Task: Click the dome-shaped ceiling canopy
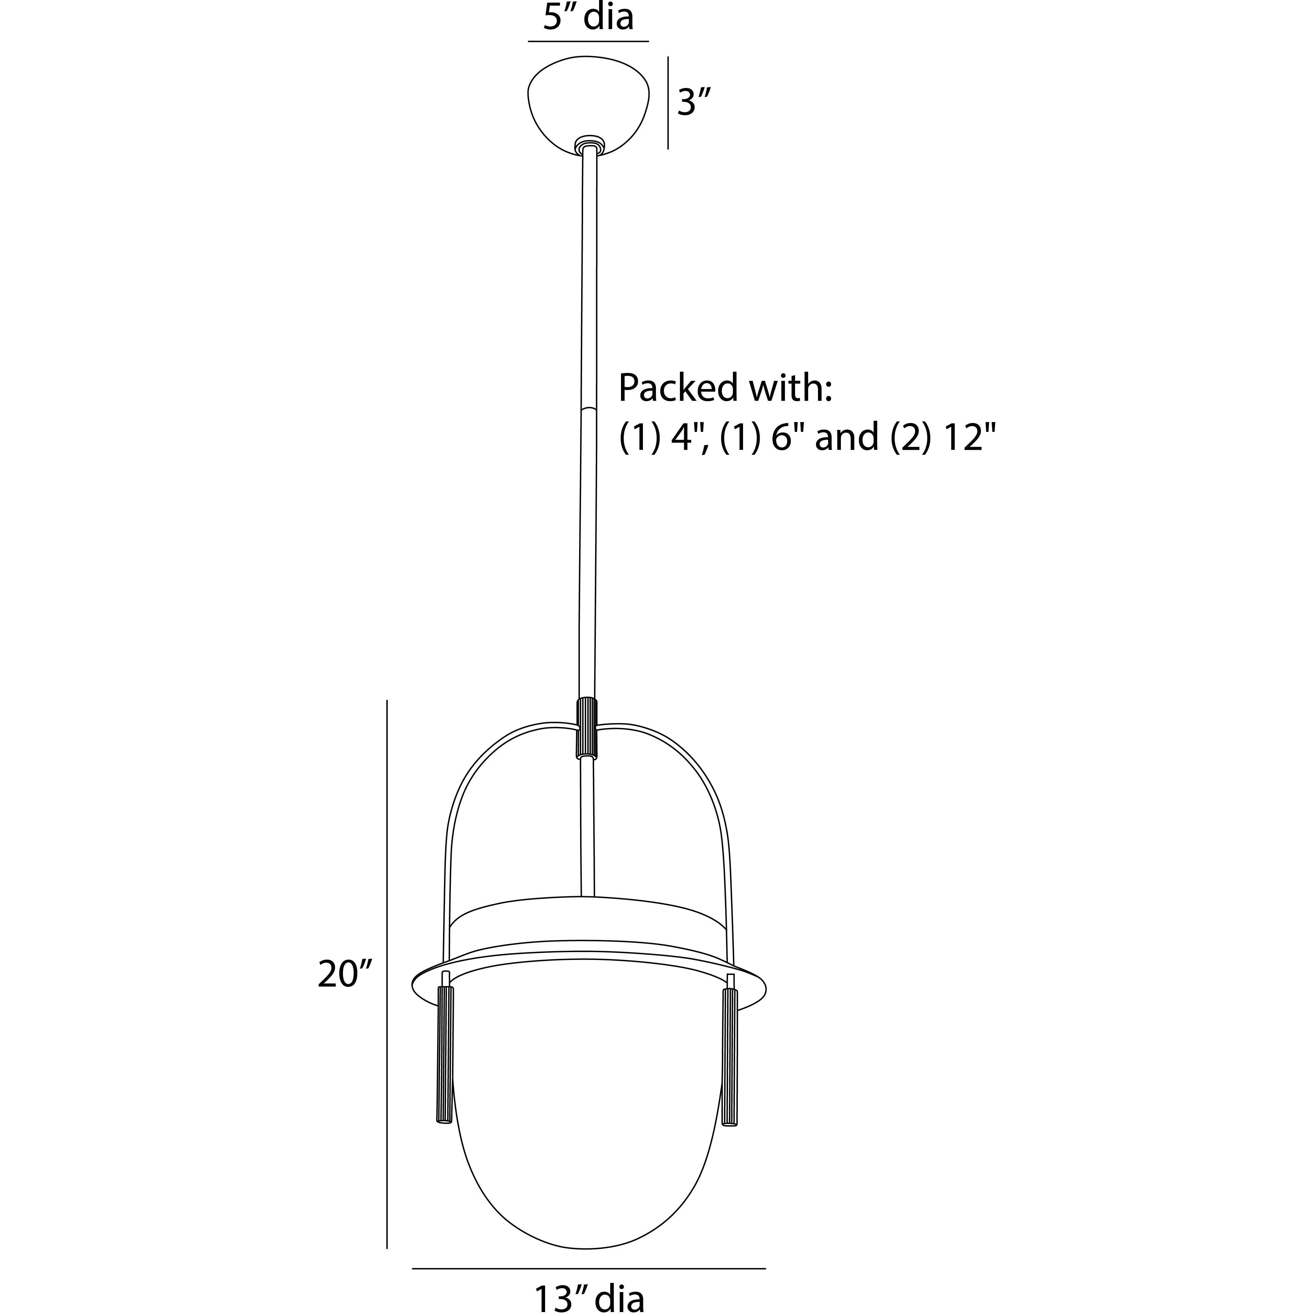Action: (588, 105)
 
